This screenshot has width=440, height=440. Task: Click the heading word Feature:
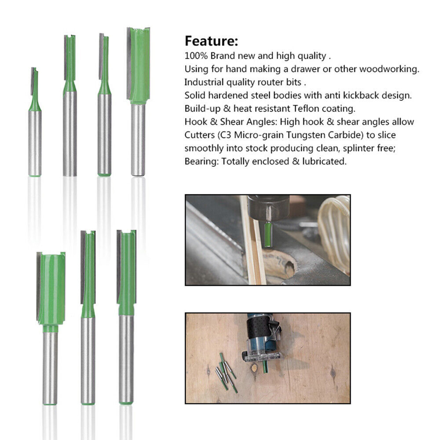point(211,41)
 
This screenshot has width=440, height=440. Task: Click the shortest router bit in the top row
point(35,123)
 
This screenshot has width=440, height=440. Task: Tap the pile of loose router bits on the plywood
point(226,372)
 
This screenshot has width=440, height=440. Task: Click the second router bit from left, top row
point(70,106)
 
